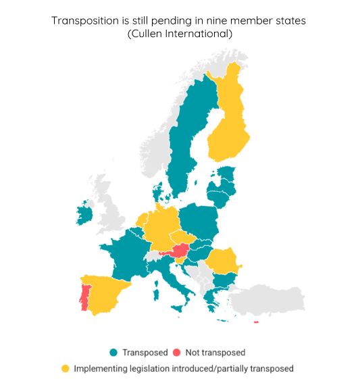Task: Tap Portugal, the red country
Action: click(x=84, y=297)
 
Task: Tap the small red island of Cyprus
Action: click(x=256, y=322)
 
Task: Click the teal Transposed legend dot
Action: click(x=113, y=353)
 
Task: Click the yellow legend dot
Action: click(x=66, y=369)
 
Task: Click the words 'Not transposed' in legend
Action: click(x=215, y=353)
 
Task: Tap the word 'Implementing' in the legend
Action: click(x=98, y=369)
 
